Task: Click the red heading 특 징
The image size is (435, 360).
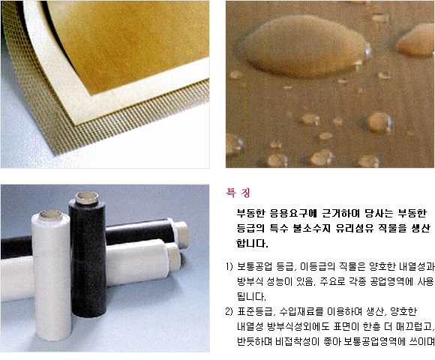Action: pos(238,193)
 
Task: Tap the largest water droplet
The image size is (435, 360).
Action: pos(304,46)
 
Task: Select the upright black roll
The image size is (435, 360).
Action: pos(88,255)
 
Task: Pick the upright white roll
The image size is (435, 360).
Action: pos(52,274)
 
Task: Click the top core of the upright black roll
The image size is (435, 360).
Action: pos(87,198)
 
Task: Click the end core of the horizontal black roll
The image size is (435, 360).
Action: pos(181,234)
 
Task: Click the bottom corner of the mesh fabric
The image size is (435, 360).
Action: pos(55,154)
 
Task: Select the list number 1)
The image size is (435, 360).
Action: pos(229,267)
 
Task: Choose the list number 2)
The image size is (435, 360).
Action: pos(229,312)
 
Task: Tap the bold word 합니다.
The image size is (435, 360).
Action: pos(252,243)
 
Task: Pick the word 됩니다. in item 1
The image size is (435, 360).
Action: pos(251,297)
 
